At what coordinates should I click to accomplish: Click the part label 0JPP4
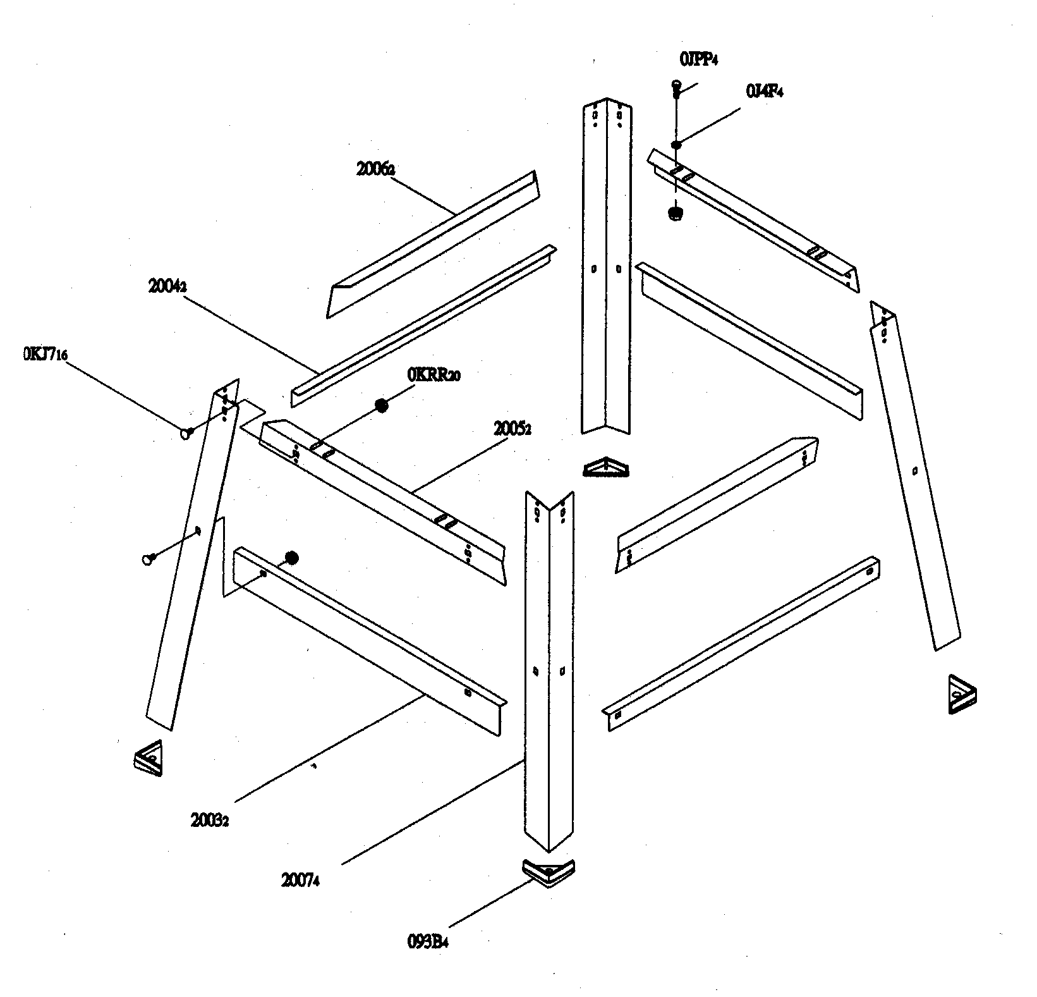tap(698, 60)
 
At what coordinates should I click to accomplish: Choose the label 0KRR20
tap(434, 375)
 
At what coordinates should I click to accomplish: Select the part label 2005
tap(512, 429)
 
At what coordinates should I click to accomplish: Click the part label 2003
tap(209, 821)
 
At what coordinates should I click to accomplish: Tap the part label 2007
tap(300, 880)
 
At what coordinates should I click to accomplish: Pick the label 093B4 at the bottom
tap(428, 942)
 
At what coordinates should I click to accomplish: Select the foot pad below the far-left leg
tap(149, 757)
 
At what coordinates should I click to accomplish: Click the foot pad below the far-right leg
tap(962, 695)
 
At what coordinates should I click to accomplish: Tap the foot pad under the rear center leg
tap(607, 468)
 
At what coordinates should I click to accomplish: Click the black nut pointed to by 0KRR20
tap(381, 405)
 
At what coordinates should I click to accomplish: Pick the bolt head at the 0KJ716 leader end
tap(187, 433)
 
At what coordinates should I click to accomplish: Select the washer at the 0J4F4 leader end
tap(676, 145)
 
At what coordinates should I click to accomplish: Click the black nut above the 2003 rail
tap(291, 558)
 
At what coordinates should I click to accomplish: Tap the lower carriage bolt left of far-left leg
tap(149, 558)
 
